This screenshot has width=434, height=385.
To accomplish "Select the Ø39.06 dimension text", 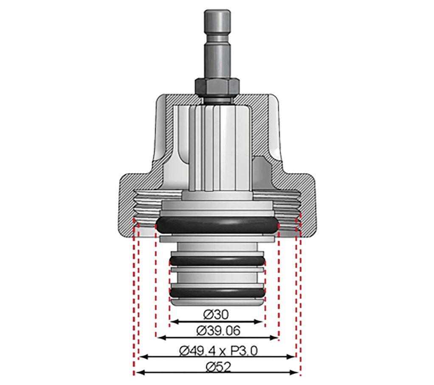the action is (x=218, y=331).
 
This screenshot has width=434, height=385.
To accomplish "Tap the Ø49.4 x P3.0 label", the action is (x=218, y=351).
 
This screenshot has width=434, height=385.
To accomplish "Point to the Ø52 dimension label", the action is (x=218, y=367).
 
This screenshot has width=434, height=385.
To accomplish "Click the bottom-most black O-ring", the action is (x=217, y=292).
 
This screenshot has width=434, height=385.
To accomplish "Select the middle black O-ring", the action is (x=217, y=260).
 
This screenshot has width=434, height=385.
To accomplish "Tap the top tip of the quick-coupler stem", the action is (x=217, y=10).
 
